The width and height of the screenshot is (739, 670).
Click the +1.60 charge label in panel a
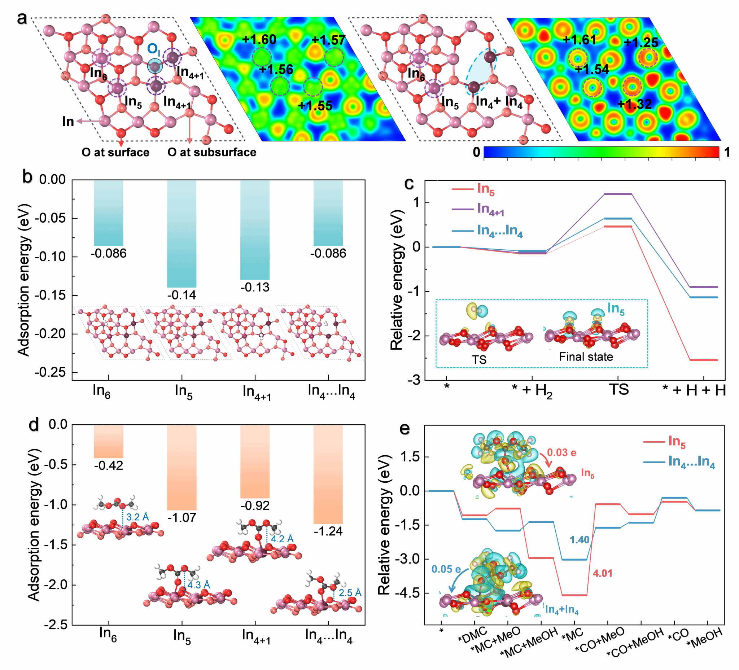pyautogui.click(x=259, y=40)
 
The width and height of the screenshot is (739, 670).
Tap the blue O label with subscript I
pyautogui.click(x=153, y=49)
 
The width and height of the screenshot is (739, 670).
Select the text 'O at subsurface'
pyautogui.click(x=212, y=152)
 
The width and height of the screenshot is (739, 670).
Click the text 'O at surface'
pyautogui.click(x=115, y=152)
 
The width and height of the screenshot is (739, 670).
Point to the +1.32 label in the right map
pyautogui.click(x=634, y=105)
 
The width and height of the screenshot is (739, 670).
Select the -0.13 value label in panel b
pyautogui.click(x=255, y=287)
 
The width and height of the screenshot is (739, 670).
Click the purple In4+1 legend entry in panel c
pyautogui.click(x=491, y=209)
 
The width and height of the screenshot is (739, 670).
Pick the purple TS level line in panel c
pyautogui.click(x=618, y=194)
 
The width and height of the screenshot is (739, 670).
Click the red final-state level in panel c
pyautogui.click(x=703, y=360)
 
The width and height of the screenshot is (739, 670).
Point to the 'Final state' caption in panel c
pyautogui.click(x=586, y=356)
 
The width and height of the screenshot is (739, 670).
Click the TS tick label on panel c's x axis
pyautogui.click(x=619, y=389)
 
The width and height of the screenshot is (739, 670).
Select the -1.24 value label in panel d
pyautogui.click(x=328, y=531)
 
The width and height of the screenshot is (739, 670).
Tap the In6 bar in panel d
pyautogui.click(x=109, y=441)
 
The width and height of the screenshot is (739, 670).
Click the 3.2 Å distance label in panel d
pyautogui.click(x=137, y=517)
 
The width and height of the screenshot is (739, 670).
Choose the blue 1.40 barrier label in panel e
pyautogui.click(x=579, y=540)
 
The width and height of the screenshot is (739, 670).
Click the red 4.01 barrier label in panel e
pyautogui.click(x=603, y=573)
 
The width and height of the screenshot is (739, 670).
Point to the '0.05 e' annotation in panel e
pyautogui.click(x=446, y=569)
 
